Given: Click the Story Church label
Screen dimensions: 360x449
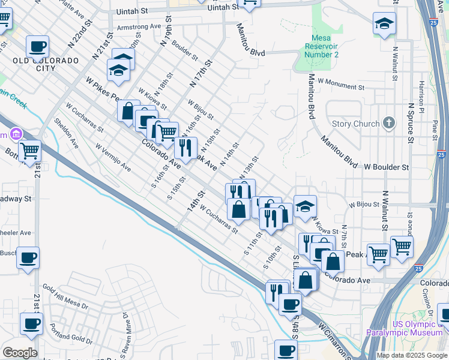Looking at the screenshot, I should point(355,124).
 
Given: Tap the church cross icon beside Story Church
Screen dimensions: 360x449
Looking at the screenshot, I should point(389,124).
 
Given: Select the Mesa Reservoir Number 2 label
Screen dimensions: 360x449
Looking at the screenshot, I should point(322,46).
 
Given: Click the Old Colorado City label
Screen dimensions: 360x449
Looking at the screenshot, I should point(46,65).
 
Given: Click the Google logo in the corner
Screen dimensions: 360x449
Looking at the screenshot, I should point(20,353).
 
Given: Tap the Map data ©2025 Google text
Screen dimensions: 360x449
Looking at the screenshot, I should point(412,355).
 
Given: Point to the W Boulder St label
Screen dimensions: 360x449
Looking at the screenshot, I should point(385,167).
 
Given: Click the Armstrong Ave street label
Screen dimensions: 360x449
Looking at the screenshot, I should point(139,27).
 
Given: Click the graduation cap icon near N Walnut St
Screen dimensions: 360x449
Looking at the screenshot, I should point(384,24).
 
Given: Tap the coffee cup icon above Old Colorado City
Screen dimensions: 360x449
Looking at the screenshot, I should point(38,46).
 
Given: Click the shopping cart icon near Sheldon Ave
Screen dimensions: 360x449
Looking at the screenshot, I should point(29,151).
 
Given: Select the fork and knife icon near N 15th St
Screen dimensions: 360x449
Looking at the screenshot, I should point(185,146).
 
